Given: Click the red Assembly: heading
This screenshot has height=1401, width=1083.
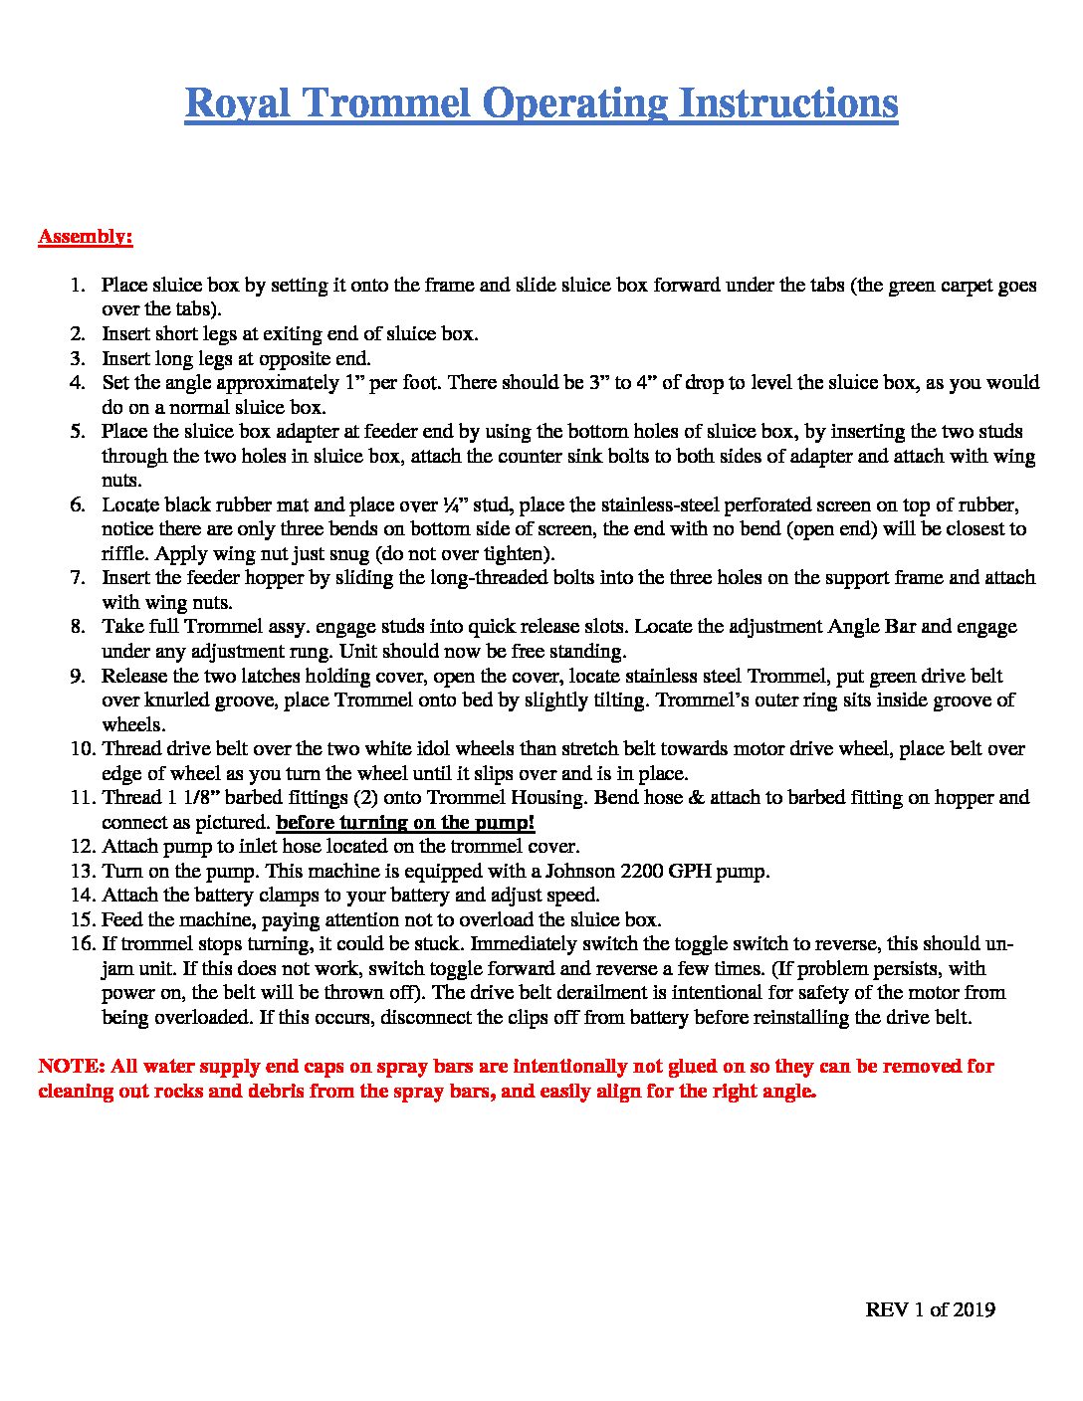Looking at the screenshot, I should [86, 237].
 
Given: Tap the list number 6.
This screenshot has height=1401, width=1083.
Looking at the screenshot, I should [78, 504].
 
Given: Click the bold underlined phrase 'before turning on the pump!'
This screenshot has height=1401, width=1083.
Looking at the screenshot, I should [405, 822].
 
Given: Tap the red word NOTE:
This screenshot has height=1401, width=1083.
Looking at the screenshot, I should [71, 1066].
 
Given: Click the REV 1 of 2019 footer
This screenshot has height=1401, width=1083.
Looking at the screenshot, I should [930, 1309].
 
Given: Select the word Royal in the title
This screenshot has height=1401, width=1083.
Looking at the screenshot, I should [237, 103].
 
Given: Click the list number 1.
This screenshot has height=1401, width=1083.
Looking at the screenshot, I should [78, 286].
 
